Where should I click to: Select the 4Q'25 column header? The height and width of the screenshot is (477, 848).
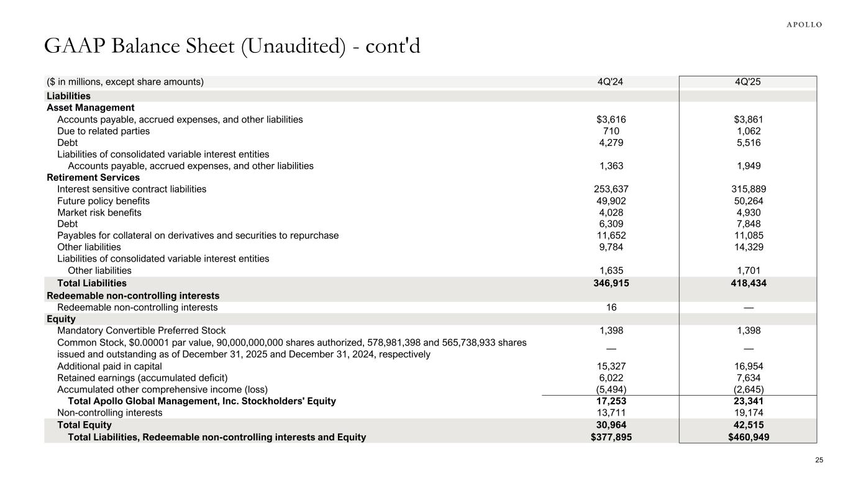(x=748, y=81)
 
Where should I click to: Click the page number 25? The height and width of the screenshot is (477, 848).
(x=819, y=460)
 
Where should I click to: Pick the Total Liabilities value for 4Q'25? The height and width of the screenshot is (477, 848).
(x=748, y=283)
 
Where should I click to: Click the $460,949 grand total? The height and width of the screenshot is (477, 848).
(x=748, y=437)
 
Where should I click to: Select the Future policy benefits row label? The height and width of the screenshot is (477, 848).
(x=103, y=201)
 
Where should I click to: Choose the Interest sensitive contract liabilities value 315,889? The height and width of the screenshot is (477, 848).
(x=748, y=189)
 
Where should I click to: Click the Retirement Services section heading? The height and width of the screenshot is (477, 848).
(x=93, y=178)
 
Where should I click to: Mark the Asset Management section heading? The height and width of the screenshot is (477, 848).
(x=91, y=107)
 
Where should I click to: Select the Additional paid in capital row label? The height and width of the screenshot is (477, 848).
(x=109, y=366)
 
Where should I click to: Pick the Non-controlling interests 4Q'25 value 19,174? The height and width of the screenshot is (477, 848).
(x=748, y=412)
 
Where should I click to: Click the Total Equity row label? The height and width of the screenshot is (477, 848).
(x=84, y=425)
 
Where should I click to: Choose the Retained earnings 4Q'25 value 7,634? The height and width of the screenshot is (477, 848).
(x=748, y=378)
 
